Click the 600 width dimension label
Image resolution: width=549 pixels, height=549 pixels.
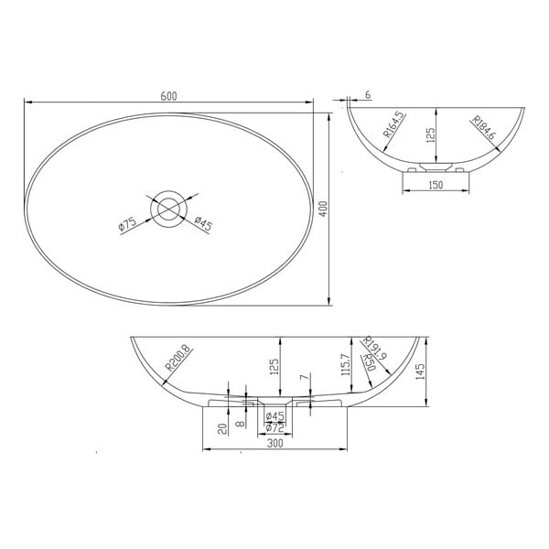[x=169, y=96]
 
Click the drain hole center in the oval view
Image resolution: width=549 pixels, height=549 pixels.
[x=167, y=209]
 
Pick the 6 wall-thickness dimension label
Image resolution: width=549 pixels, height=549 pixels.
[x=367, y=95]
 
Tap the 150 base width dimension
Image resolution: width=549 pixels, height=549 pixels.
[x=436, y=187]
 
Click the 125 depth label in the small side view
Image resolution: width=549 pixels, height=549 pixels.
[x=430, y=136]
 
